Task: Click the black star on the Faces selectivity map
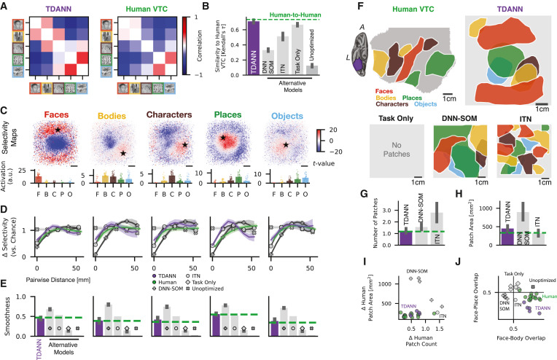(58, 130)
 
